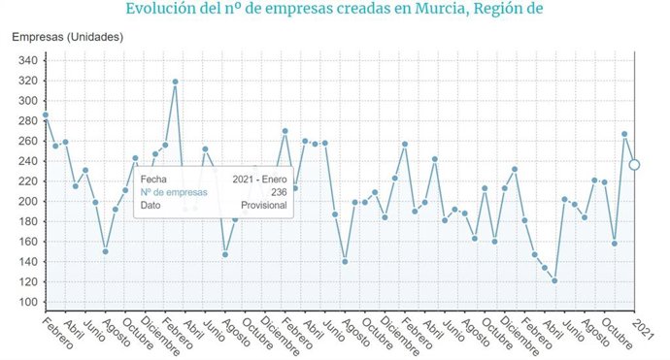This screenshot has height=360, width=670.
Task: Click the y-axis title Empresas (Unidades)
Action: pos(67,37)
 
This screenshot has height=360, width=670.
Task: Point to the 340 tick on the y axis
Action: pos(27,60)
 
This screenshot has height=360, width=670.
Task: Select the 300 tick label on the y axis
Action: pos(27,101)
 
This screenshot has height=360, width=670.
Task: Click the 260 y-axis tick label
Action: pos(27,141)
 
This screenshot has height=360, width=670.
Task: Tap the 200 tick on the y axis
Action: pos(27,202)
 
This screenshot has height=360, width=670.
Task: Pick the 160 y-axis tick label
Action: pos(27,242)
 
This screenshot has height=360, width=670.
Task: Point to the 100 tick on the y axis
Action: pos(27,303)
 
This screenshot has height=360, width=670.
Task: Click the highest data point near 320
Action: pos(175,82)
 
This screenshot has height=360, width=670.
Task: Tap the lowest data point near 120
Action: pos(554,280)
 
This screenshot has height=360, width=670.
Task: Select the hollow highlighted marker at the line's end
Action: pos(634,165)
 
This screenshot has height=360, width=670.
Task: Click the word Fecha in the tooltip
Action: pos(153,180)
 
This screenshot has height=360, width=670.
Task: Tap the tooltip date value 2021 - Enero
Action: pos(259,180)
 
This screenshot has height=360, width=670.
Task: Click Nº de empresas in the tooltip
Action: pos(174,192)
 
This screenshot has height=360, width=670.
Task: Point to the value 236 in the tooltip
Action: pos(278,192)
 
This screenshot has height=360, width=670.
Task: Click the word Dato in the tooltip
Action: pos(151,205)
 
